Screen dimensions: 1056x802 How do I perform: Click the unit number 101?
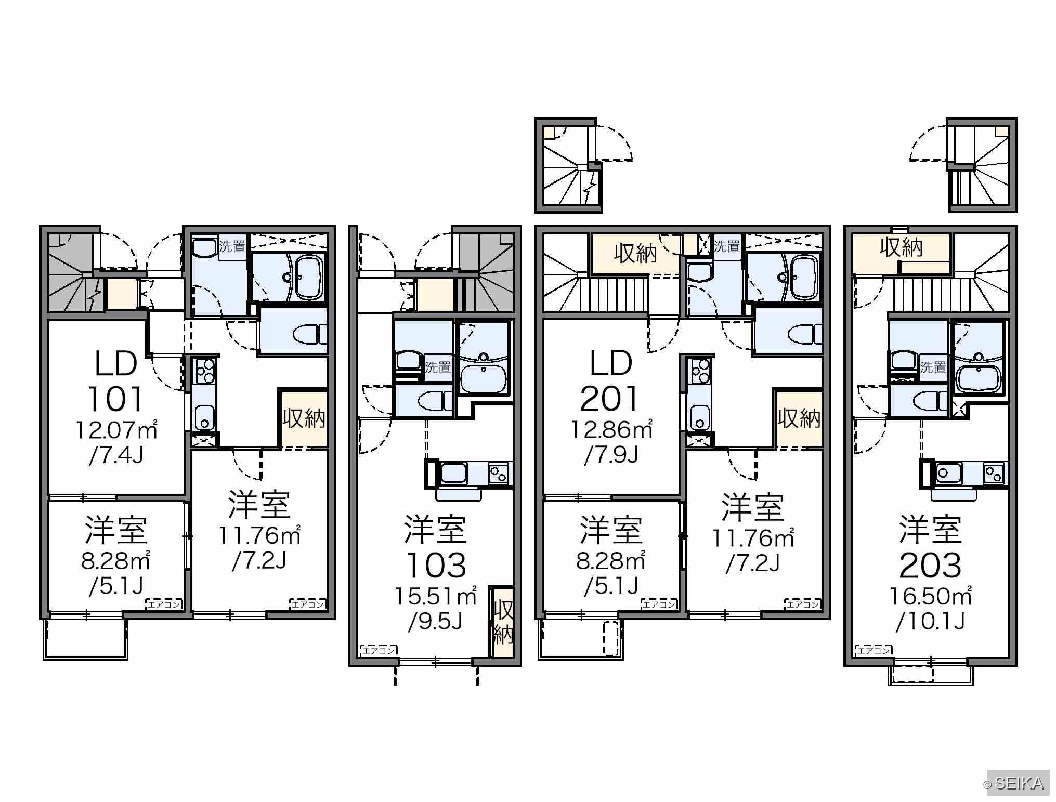(x=115, y=399)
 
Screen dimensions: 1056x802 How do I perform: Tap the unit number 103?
(x=436, y=565)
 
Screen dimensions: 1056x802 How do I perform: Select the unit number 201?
(x=609, y=399)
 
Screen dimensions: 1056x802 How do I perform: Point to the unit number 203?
(x=930, y=565)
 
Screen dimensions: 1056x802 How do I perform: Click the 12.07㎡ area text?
(x=117, y=430)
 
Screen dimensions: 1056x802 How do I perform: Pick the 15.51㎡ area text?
(x=436, y=596)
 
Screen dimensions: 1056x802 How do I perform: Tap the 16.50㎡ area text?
(x=931, y=596)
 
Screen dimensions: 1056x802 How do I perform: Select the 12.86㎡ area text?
(x=612, y=430)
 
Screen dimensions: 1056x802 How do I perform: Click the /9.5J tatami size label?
(x=435, y=621)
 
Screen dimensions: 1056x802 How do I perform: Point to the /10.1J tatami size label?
(x=930, y=621)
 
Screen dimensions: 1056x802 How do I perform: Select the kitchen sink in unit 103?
(x=454, y=473)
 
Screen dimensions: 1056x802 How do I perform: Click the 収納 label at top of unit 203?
(x=901, y=247)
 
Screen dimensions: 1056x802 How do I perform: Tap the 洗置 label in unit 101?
(x=232, y=246)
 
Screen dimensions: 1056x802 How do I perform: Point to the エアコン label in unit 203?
(x=874, y=650)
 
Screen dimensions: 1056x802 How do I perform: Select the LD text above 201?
(x=611, y=363)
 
